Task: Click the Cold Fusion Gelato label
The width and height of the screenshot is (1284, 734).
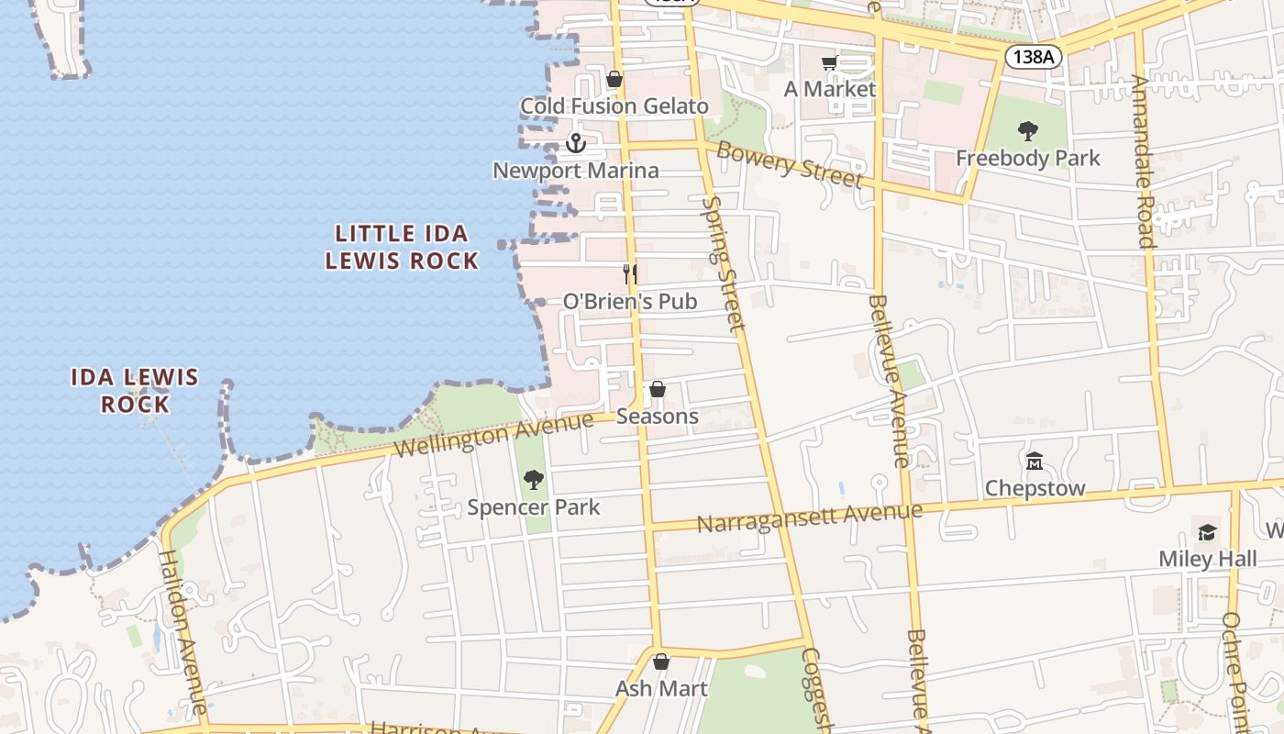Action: pyautogui.click(x=614, y=106)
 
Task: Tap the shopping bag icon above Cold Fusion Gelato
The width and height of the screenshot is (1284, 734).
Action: pyautogui.click(x=614, y=80)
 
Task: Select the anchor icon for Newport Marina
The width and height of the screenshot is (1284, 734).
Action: pyautogui.click(x=576, y=143)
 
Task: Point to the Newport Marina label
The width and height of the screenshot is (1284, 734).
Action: pyautogui.click(x=576, y=171)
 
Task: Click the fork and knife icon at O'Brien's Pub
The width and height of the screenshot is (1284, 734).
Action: pyautogui.click(x=630, y=273)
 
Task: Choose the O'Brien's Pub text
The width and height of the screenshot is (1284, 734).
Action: pyautogui.click(x=630, y=301)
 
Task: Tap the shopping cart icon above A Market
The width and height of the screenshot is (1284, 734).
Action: pyautogui.click(x=830, y=62)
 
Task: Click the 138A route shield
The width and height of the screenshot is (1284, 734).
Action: pyautogui.click(x=1034, y=57)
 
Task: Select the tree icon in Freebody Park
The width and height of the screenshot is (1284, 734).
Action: pyautogui.click(x=1028, y=131)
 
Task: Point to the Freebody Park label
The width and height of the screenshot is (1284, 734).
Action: pyautogui.click(x=1028, y=158)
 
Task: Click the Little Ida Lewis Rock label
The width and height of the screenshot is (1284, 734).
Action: pyautogui.click(x=403, y=247)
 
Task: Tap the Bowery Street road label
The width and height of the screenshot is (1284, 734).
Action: pyautogui.click(x=790, y=165)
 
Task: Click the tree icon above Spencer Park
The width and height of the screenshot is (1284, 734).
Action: pyautogui.click(x=533, y=480)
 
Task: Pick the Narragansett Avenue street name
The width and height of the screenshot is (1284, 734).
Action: pyautogui.click(x=809, y=517)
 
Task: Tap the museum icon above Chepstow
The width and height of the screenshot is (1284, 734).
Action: pyautogui.click(x=1035, y=461)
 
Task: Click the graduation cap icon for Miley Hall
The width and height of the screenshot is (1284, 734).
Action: pyautogui.click(x=1207, y=532)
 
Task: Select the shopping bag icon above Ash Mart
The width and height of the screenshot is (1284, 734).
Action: pyautogui.click(x=661, y=662)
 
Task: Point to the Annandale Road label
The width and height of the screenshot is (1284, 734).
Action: pyautogui.click(x=1142, y=161)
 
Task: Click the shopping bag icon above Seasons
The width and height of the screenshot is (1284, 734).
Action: pyautogui.click(x=658, y=389)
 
